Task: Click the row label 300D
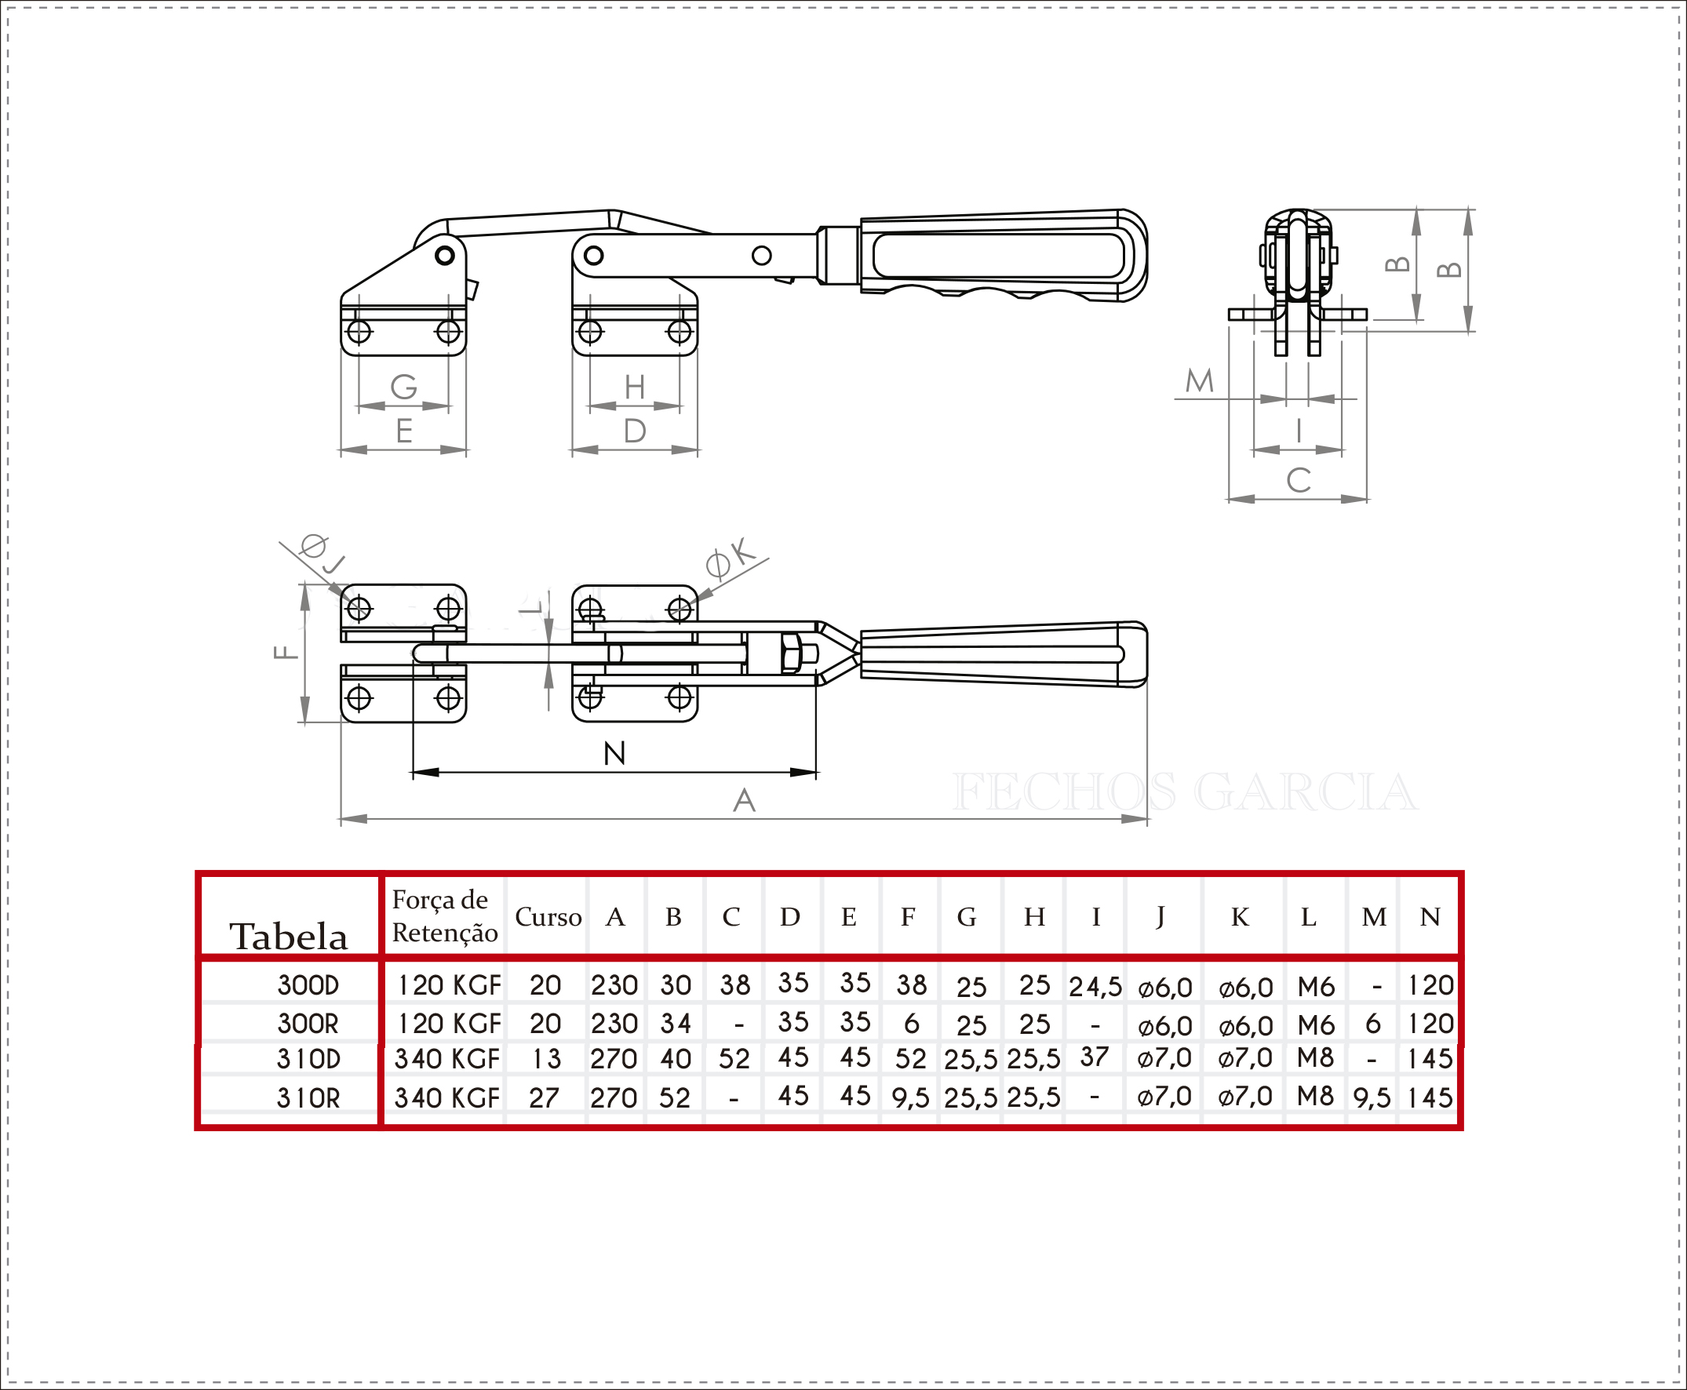point(308,985)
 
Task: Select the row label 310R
point(308,1097)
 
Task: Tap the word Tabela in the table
point(289,937)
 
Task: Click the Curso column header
point(548,917)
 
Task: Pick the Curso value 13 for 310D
point(547,1059)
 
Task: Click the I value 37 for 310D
point(1095,1057)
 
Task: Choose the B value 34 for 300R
point(676,1024)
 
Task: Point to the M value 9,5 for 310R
point(1372,1098)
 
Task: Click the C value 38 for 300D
point(734,985)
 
